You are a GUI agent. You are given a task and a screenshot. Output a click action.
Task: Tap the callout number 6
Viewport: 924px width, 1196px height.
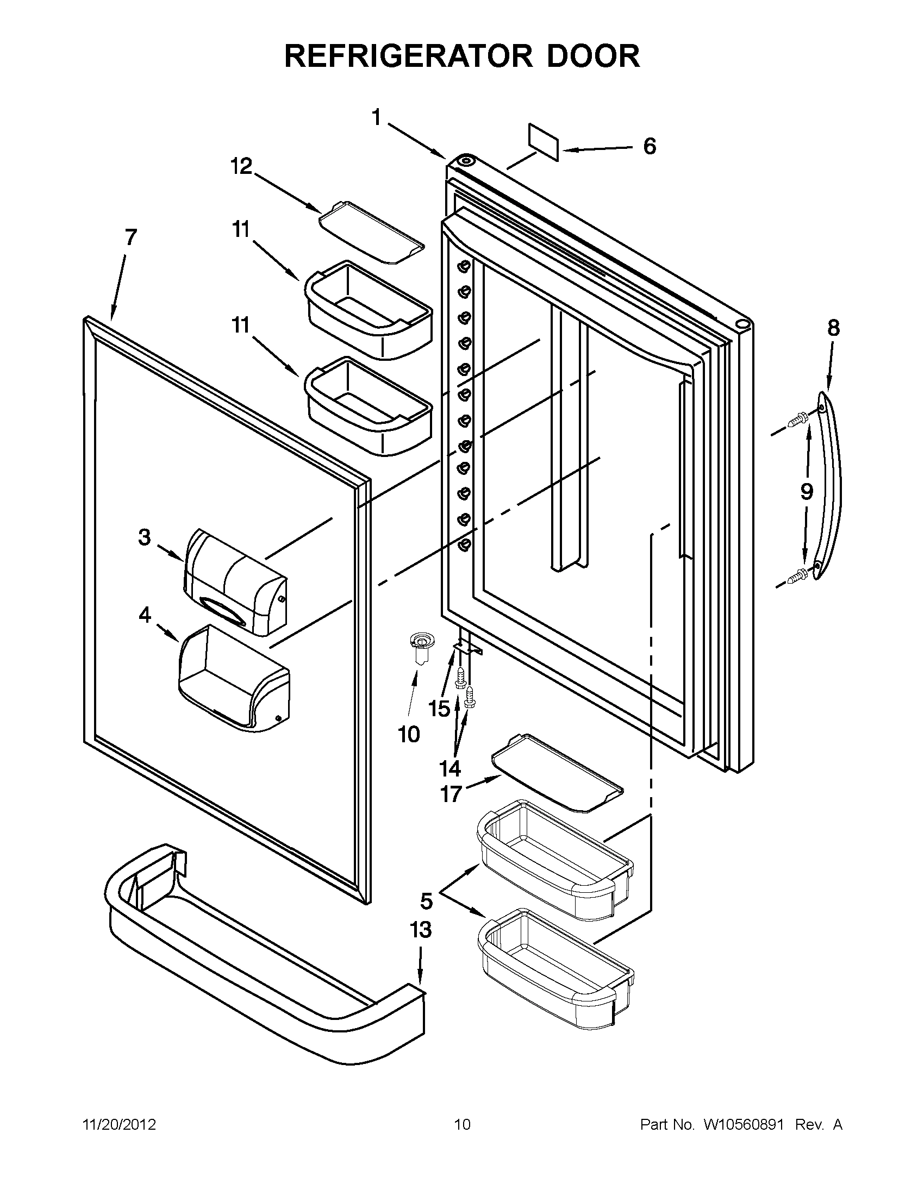pos(649,146)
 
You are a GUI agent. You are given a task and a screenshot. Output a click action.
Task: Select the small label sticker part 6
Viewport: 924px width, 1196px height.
pos(543,142)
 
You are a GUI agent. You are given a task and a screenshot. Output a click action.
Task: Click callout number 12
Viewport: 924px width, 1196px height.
pos(241,166)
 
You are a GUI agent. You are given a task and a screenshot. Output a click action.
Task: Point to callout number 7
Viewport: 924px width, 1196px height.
pos(130,237)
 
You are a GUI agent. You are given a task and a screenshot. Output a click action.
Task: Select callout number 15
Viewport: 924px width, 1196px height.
pos(439,709)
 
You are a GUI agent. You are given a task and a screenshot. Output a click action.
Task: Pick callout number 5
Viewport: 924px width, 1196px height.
pos(427,900)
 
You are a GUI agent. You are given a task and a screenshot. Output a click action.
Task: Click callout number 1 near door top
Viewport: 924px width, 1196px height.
pos(376,117)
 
